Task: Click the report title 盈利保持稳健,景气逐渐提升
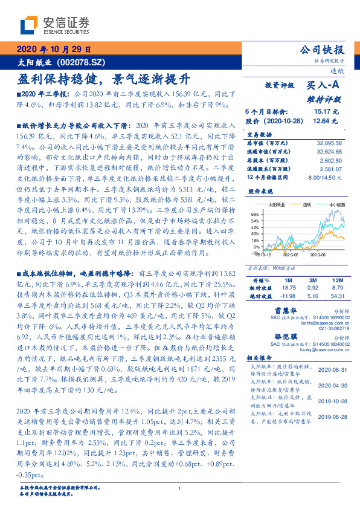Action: pos(104,80)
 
